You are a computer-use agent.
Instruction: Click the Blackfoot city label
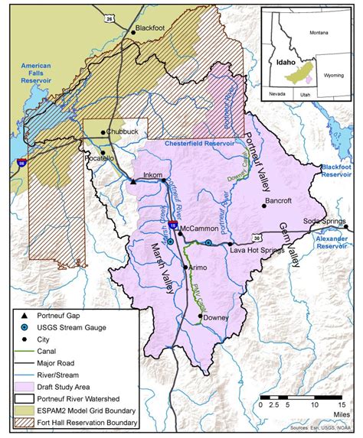pos(150,28)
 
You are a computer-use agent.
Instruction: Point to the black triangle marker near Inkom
pos(132,183)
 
